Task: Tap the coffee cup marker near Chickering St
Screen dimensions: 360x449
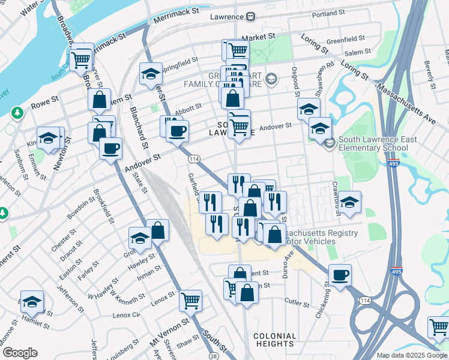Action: click(x=340, y=275)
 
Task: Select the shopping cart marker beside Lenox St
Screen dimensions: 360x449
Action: click(x=190, y=299)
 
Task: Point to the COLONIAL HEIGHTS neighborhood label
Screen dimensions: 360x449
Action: click(x=274, y=340)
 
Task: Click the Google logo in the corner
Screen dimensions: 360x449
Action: click(x=19, y=353)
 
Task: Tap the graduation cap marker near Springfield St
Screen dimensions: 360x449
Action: click(x=150, y=74)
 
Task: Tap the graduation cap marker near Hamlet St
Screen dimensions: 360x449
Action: click(x=32, y=302)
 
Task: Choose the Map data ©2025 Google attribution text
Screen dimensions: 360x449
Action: click(x=411, y=355)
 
